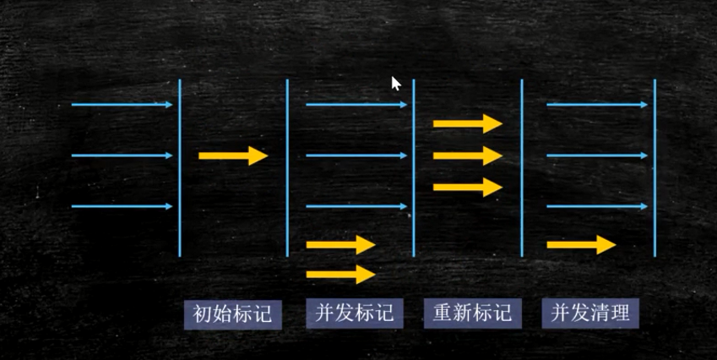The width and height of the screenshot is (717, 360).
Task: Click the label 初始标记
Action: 232,314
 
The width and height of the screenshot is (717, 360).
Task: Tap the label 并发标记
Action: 354,314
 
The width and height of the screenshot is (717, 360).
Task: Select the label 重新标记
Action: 472,314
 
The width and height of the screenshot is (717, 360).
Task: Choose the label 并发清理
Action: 590,314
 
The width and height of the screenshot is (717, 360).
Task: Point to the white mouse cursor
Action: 395,84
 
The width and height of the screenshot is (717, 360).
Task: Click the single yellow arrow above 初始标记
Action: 232,155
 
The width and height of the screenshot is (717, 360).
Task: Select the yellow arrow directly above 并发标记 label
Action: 340,274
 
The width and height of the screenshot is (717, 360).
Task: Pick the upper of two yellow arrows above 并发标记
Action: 340,245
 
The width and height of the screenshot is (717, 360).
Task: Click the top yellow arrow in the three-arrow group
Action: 467,123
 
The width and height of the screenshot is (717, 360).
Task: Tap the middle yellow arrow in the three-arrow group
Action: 467,155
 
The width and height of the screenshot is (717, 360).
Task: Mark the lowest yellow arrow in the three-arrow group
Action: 467,187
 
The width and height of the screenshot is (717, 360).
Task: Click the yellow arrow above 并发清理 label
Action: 581,245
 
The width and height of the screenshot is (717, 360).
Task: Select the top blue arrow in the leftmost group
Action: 122,105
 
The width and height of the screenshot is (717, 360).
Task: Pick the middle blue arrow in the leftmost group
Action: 122,155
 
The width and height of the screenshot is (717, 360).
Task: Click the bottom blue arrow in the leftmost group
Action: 122,206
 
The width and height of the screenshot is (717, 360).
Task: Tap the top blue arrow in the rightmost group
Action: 597,105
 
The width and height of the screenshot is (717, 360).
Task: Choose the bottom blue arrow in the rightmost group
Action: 597,206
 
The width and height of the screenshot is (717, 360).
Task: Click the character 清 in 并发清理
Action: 600,314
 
